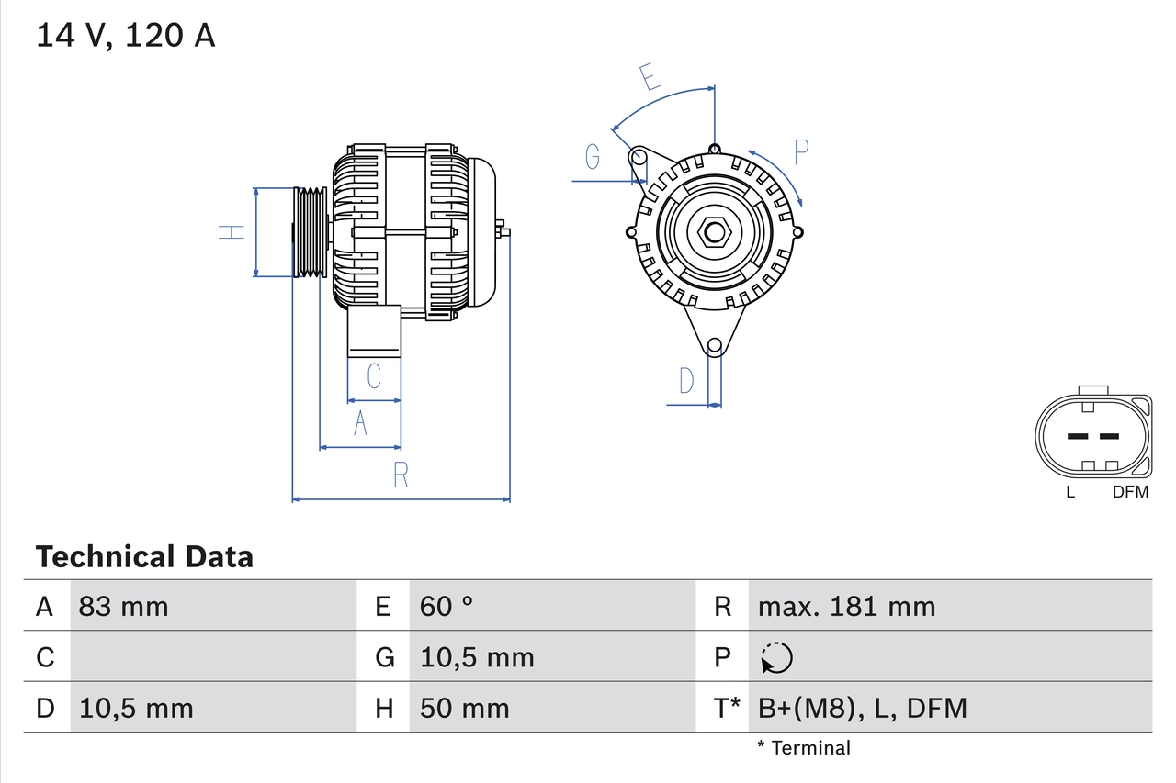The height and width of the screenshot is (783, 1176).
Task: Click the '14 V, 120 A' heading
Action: point(125,36)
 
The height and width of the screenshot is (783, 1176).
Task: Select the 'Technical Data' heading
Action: point(144,556)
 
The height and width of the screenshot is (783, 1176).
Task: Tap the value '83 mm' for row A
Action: point(124,606)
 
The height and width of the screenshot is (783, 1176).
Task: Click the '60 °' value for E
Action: point(447,606)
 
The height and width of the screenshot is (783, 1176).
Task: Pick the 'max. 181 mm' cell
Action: point(846,606)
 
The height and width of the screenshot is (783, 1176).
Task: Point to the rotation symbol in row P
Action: point(776,657)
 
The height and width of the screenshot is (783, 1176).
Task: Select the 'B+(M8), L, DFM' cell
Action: point(863,708)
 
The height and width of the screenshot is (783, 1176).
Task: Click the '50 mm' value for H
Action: point(464,708)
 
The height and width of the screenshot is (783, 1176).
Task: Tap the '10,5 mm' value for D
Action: point(136,708)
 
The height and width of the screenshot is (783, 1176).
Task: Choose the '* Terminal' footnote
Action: point(804,747)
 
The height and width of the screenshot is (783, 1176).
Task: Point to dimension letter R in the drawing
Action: point(401,475)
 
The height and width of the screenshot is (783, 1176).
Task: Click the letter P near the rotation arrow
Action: point(800,152)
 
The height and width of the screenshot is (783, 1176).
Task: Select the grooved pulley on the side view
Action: point(310,231)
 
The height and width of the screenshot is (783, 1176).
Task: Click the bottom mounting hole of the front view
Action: point(715,346)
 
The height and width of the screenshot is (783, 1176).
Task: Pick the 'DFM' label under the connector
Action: point(1130,492)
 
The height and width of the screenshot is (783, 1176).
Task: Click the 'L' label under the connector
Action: point(1070,492)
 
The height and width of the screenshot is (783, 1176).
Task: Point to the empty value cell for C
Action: point(213,656)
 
